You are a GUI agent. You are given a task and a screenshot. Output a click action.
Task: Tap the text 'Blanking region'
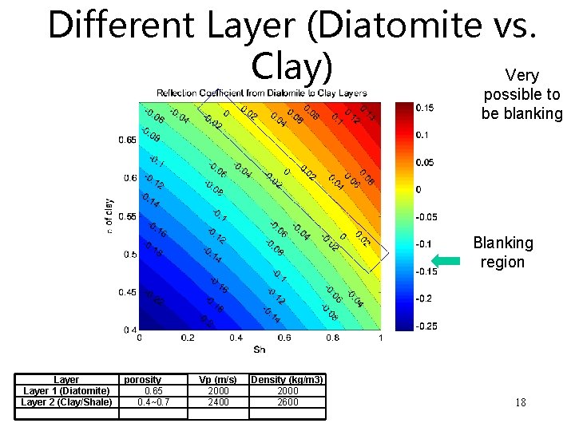point(502,252)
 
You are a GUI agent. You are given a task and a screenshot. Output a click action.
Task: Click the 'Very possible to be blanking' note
point(521,94)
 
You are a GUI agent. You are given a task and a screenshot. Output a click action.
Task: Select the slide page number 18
point(520,402)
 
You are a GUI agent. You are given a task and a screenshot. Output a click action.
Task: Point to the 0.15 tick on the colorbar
point(425,108)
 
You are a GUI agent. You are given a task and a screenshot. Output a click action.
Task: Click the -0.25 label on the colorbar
point(426,326)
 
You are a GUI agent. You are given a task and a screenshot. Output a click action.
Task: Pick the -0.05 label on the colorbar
point(426,216)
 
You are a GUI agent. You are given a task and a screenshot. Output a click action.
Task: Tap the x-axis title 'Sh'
point(260,350)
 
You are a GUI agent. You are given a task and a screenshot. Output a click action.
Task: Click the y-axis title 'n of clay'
point(109,215)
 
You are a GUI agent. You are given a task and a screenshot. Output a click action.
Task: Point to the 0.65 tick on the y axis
point(127,140)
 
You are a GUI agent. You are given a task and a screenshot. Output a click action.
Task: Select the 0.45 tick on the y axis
point(127,292)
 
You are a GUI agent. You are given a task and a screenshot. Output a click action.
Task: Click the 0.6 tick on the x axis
point(284,338)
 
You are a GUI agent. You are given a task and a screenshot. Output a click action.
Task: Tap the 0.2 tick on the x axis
point(188,338)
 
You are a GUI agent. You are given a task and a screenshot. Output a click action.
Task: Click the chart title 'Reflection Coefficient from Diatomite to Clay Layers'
point(261,93)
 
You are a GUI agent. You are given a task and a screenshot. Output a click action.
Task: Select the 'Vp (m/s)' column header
point(218,380)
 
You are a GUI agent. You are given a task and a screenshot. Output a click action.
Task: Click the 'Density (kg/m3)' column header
point(287,380)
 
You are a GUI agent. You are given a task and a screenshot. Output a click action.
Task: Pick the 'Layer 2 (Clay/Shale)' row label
point(66,402)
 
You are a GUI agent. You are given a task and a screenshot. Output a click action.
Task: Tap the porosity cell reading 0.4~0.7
point(153,402)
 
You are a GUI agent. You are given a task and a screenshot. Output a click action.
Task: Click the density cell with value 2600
point(287,402)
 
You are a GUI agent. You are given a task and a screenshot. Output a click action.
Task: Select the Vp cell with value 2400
point(218,402)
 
